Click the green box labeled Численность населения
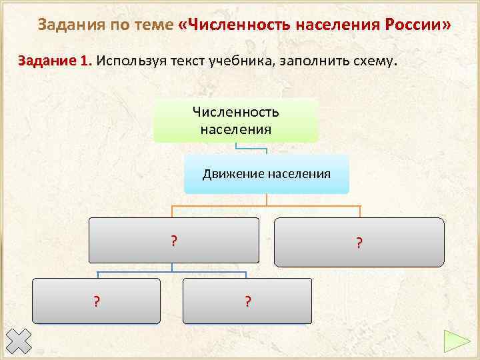point(235,121)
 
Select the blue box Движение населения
point(266,175)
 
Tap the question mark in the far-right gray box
point(359,243)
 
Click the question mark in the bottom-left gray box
point(97,302)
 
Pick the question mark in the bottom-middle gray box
point(247,302)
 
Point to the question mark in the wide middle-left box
point(173,241)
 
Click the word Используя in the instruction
point(127,61)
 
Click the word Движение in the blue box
point(233,175)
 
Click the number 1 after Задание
point(83,61)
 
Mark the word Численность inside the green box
point(235,113)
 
